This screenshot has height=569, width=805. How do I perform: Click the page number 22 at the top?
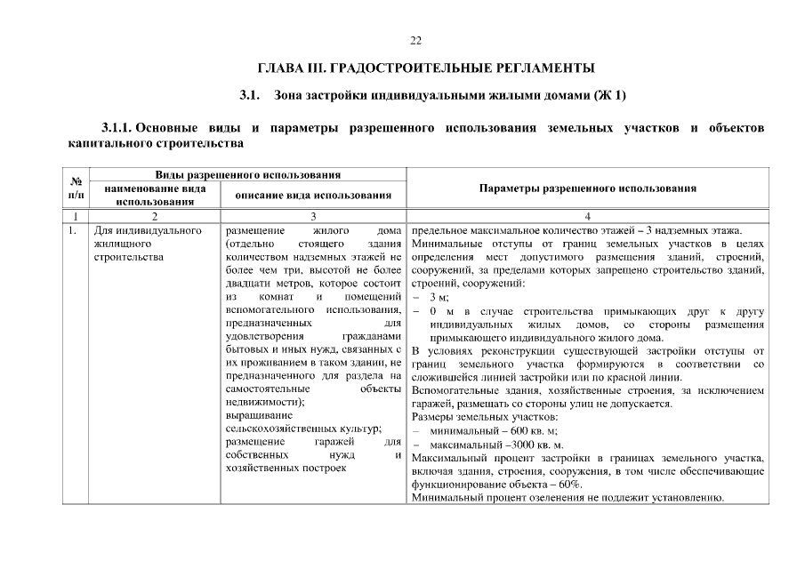(x=415, y=41)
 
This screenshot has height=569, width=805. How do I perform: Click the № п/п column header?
(x=76, y=188)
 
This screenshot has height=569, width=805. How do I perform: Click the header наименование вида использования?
(x=156, y=195)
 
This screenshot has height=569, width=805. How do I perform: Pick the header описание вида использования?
(x=314, y=195)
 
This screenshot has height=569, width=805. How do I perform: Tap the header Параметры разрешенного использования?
(x=587, y=188)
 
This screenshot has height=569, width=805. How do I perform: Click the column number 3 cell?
(x=314, y=216)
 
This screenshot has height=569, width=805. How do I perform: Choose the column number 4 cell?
(x=587, y=216)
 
